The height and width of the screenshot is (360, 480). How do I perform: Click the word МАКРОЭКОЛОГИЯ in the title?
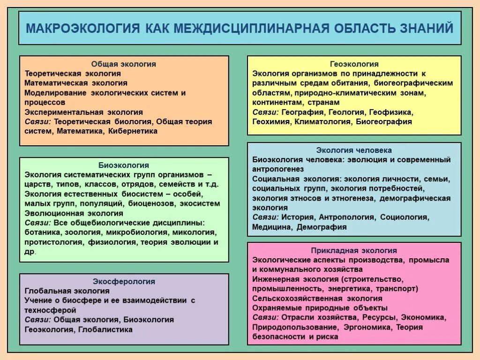coord(82,28)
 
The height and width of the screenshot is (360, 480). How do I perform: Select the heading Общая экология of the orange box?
coord(124,64)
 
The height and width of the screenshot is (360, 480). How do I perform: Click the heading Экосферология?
coord(124,282)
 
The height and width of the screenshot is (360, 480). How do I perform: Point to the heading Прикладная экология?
coord(354,250)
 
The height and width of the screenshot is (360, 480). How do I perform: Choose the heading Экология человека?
coord(354,150)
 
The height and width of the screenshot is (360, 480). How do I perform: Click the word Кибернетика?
coord(133,131)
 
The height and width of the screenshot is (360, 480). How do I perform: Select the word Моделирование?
coord(55,93)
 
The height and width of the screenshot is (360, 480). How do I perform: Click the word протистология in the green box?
coord(54,242)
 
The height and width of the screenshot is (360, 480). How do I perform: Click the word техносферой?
coord(50,310)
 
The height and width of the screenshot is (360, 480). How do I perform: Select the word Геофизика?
coord(390,112)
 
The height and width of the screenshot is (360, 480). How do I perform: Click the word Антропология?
coord(347,217)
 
